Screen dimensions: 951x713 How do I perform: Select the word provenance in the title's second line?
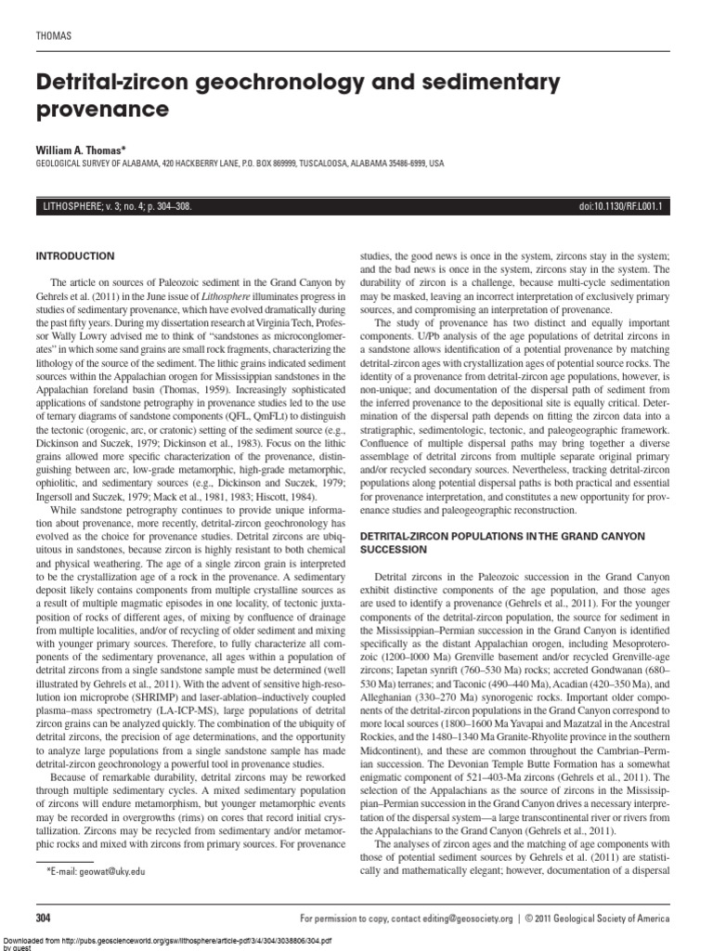(x=102, y=111)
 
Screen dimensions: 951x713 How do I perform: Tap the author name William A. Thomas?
(x=84, y=149)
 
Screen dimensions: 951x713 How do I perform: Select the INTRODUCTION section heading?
(x=74, y=255)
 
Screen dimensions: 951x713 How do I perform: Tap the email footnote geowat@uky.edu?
(x=108, y=871)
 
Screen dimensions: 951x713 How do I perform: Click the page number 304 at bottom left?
(x=44, y=918)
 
